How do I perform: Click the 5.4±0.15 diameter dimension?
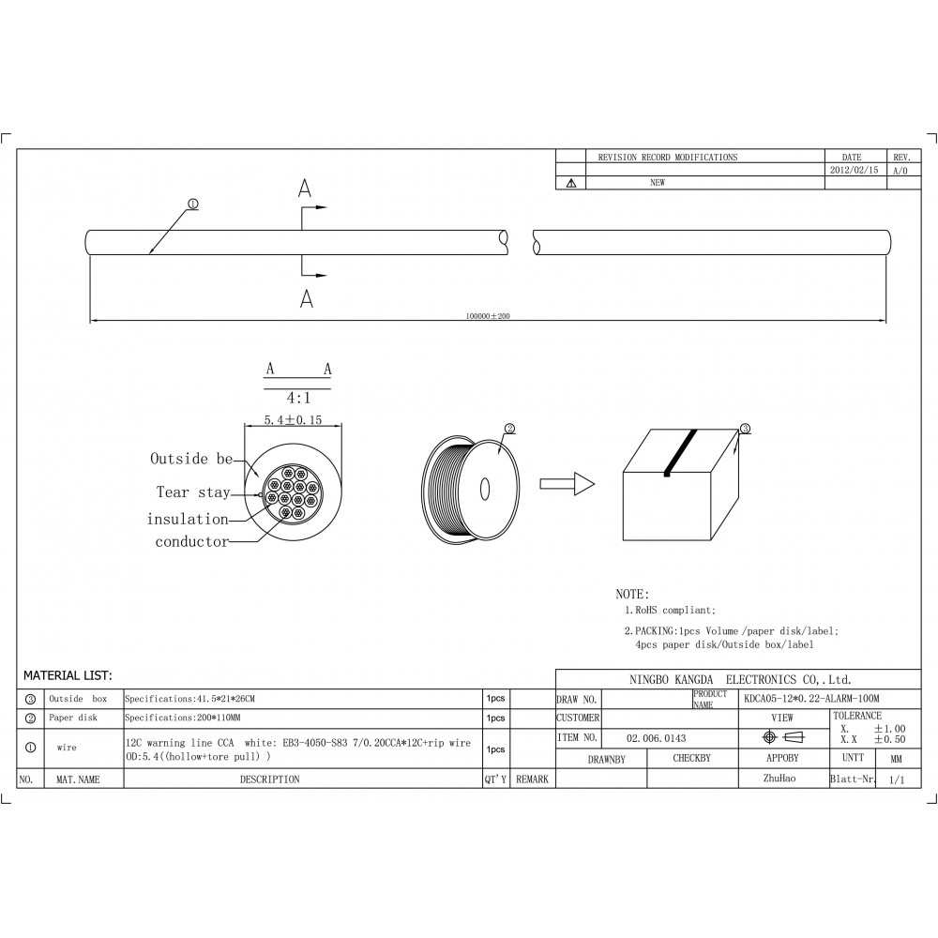coord(292,420)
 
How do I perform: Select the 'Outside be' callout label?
coord(191,459)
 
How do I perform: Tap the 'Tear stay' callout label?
coord(192,492)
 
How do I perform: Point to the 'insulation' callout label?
coord(187,519)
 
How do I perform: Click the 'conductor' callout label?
coord(191,541)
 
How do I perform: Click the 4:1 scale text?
coord(298,396)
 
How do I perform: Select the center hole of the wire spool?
coord(485,489)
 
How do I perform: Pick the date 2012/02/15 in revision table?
coord(853,171)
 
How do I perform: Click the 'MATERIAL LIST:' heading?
coord(68,675)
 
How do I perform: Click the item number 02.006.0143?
coord(656,738)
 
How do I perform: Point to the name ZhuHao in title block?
coord(782,779)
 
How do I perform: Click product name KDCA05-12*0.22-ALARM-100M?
coord(811,699)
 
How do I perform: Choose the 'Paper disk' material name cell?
coord(73,718)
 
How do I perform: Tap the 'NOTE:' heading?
coord(631,595)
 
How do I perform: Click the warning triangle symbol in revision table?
coord(570,184)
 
